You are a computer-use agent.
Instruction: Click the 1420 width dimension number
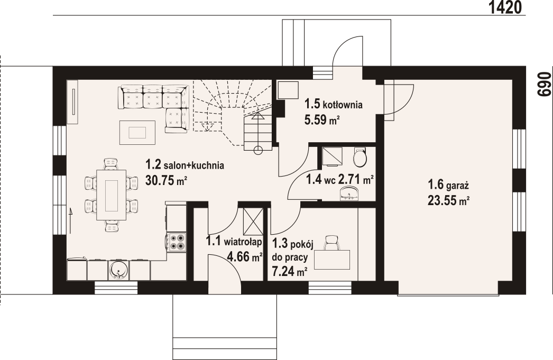[x=505, y=7]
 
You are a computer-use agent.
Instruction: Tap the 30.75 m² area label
[x=166, y=181]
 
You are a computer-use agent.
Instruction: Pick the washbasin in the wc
[x=349, y=195]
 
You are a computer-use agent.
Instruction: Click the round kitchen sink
[x=118, y=270]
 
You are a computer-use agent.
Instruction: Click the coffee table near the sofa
[x=137, y=133]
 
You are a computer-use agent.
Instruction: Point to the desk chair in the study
[x=331, y=243]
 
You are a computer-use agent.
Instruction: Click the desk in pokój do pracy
[x=332, y=260]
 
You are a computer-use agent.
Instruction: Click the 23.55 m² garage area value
[x=448, y=200]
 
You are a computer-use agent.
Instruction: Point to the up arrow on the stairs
[x=258, y=117]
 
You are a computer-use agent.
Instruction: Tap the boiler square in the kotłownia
[x=289, y=90]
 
